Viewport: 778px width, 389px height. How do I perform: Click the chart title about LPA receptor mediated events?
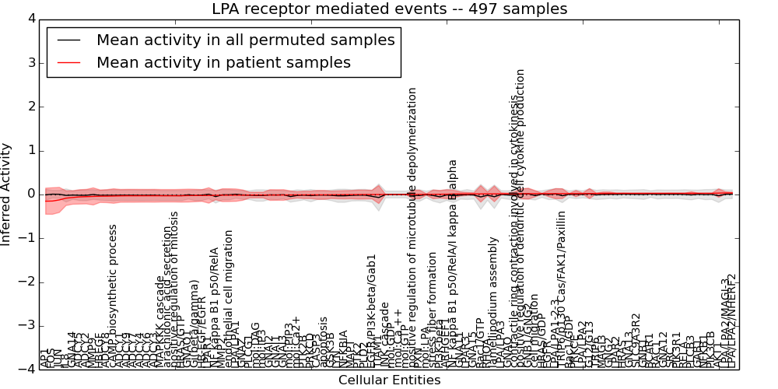click(389, 9)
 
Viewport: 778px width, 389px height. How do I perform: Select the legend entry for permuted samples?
click(245, 39)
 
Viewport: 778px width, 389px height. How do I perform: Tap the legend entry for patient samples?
click(223, 62)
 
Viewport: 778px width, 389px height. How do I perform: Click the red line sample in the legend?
click(68, 63)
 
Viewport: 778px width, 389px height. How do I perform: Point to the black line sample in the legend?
click(68, 40)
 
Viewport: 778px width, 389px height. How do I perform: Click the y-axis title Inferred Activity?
click(7, 194)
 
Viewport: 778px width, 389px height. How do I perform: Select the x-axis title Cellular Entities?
click(389, 380)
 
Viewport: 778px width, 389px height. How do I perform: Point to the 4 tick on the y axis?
click(30, 18)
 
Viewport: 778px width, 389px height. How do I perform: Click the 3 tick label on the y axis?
click(30, 62)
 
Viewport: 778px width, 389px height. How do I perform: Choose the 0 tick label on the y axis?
click(30, 194)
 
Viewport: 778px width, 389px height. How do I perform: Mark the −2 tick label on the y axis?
click(27, 282)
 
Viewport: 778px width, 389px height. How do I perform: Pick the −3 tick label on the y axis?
click(27, 326)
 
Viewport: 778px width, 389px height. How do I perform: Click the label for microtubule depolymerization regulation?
click(413, 226)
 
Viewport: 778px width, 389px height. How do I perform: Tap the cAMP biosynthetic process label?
click(114, 296)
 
